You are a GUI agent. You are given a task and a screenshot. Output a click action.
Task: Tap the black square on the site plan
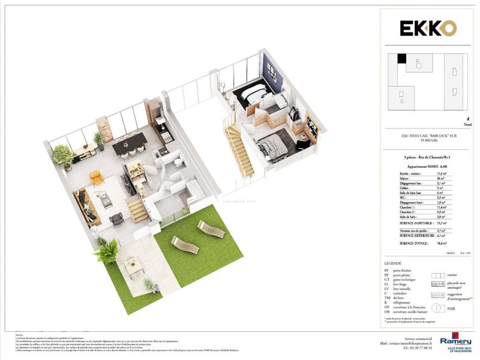coord(401,59)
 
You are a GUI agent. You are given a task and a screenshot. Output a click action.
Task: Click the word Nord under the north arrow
coord(467,125)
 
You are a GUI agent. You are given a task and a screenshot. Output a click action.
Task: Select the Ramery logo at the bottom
coord(455,343)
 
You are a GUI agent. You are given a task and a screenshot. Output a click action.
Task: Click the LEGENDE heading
coord(394,263)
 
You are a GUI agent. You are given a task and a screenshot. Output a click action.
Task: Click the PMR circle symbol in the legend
coord(438,308)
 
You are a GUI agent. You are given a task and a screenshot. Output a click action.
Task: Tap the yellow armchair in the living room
coord(96,178)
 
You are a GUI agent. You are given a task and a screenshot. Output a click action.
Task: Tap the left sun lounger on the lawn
coord(184,244)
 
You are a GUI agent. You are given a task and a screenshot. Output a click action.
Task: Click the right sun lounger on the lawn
coord(211,229)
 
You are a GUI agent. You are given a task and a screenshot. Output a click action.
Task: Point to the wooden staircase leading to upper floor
coord(239,150)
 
